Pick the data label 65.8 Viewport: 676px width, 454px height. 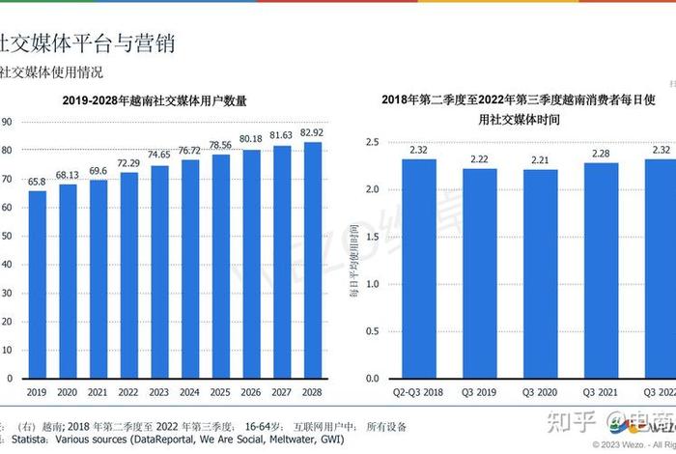click(37, 182)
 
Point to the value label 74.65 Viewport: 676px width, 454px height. click(158, 156)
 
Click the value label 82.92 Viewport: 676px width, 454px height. click(312, 132)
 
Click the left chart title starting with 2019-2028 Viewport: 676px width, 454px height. click(155, 99)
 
